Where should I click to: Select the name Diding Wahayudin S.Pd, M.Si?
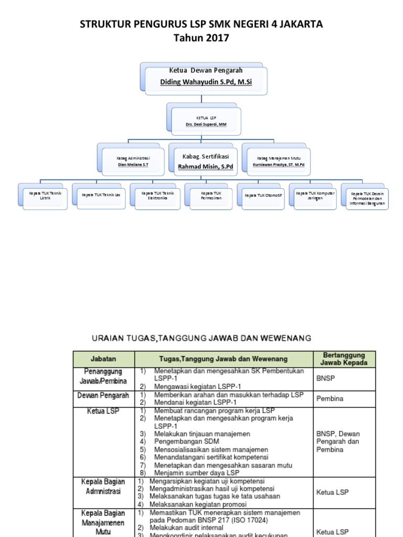point(206,82)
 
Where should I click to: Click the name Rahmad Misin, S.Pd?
point(206,167)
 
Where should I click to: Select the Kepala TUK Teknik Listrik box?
point(45,196)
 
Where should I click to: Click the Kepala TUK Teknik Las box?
point(101,196)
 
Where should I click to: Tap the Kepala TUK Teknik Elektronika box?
point(157,196)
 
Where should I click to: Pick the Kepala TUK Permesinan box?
point(211,196)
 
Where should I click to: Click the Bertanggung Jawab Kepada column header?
point(344,359)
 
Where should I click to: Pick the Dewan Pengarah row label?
point(103,394)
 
